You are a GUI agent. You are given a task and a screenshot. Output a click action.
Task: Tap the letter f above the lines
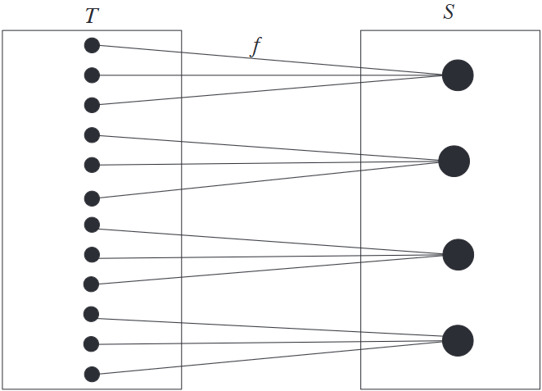point(255,47)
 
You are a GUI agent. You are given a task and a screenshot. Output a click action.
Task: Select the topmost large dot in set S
point(458,75)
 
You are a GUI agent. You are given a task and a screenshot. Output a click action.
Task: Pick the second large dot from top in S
point(454,161)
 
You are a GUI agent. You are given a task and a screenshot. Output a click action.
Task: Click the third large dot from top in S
point(458,254)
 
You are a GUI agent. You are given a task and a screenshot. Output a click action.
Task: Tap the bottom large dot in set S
point(458,340)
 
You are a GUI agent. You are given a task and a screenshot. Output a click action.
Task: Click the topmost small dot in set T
point(92,45)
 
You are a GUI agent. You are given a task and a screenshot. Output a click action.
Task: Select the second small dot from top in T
point(92,75)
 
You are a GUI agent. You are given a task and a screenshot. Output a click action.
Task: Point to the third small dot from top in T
point(92,105)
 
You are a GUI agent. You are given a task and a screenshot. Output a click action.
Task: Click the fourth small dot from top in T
point(92,134)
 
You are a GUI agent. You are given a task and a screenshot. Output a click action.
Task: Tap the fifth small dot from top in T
point(92,165)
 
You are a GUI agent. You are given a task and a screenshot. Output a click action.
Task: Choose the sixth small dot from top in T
point(92,198)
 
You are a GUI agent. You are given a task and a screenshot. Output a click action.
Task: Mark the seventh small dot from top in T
point(92,225)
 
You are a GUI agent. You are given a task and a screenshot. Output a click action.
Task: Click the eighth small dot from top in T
point(92,255)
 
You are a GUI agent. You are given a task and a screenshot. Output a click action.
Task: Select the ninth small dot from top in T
point(92,284)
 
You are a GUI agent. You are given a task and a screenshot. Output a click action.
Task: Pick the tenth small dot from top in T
point(92,314)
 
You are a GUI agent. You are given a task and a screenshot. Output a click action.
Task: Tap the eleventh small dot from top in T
point(92,343)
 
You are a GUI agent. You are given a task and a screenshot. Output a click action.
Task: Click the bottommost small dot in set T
point(92,375)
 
